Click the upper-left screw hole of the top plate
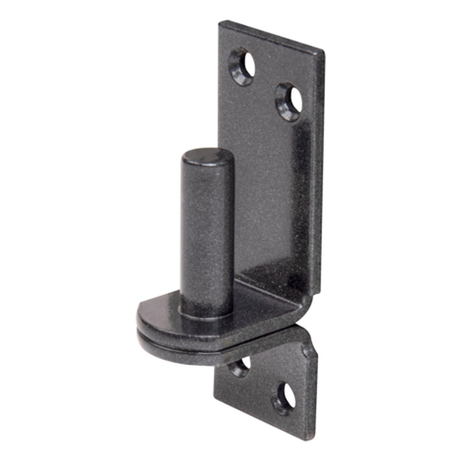point(242,66)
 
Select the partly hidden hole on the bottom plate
point(240,365)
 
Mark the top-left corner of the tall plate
point(220,23)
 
